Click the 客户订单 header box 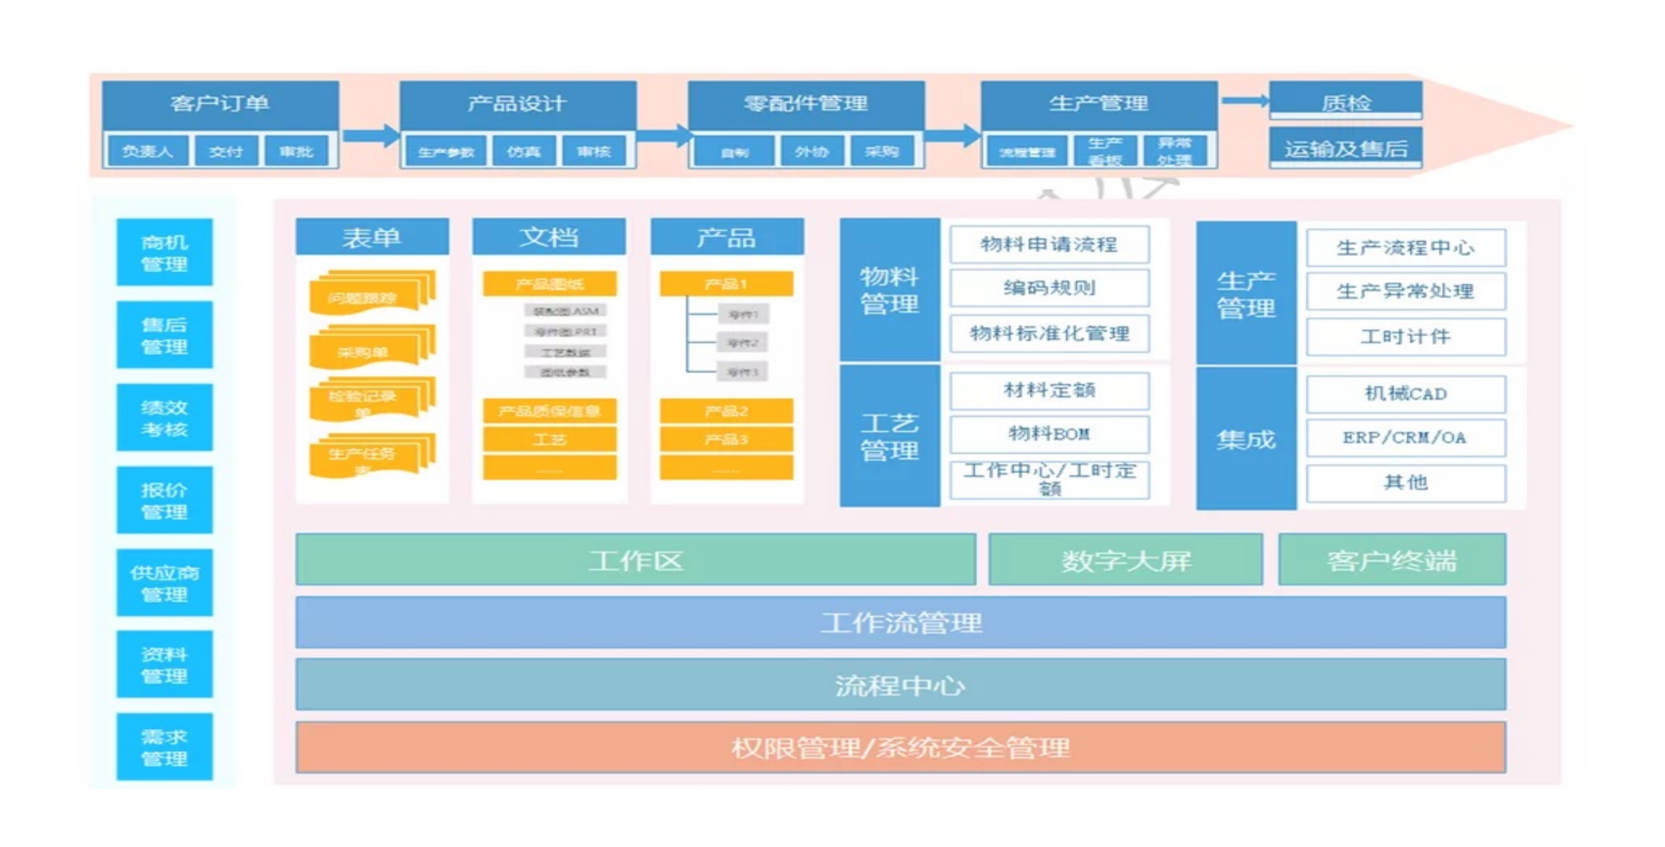(220, 104)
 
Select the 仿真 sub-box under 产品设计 (524, 152)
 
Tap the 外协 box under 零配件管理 (812, 152)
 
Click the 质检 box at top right (1345, 102)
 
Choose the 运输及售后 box (1345, 149)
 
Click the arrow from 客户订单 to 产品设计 (370, 136)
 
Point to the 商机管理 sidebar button (164, 253)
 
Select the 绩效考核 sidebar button (164, 418)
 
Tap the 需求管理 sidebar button (164, 747)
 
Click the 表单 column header (372, 238)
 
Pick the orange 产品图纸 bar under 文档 (549, 284)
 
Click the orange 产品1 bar (726, 284)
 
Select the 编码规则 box (1049, 288)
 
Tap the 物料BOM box (1049, 433)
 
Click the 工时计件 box (1406, 337)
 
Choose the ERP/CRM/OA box (1406, 438)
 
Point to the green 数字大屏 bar (1126, 561)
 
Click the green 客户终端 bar (1392, 561)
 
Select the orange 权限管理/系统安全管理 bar (900, 748)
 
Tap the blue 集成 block (1245, 439)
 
